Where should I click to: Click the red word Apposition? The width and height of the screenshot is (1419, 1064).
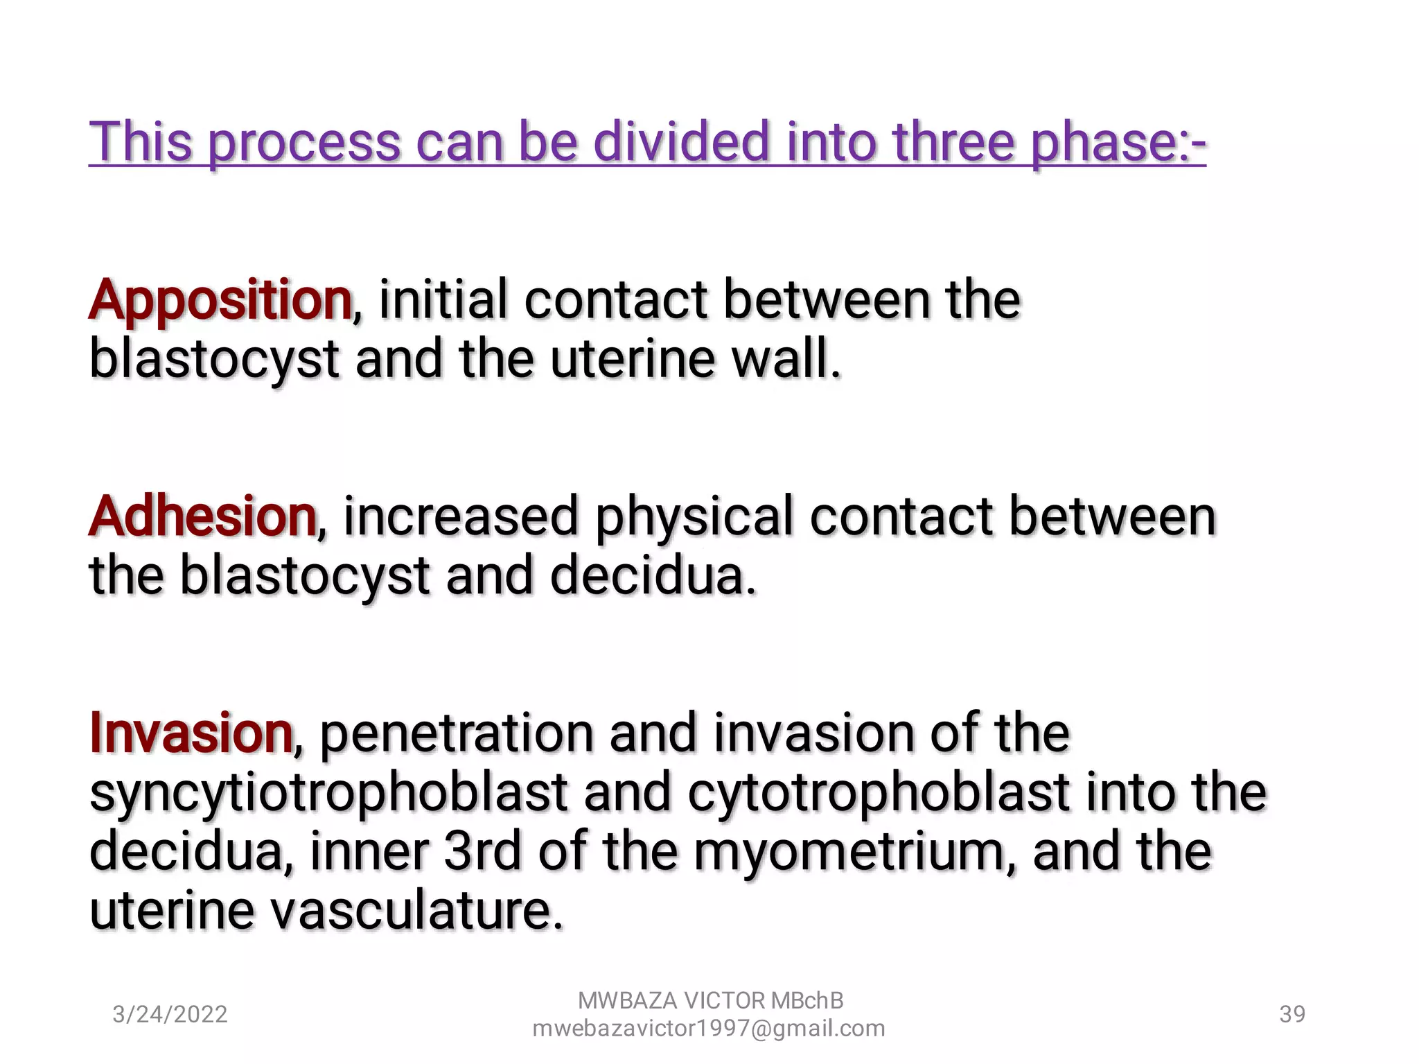click(220, 300)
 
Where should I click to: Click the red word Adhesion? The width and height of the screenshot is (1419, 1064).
click(202, 516)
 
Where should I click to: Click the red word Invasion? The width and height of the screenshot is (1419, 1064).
click(191, 733)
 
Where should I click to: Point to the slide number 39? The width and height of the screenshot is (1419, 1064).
click(1292, 1014)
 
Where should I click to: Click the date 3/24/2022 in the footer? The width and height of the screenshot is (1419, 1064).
click(170, 1014)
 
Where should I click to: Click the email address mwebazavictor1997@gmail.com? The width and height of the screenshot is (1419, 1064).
click(709, 1028)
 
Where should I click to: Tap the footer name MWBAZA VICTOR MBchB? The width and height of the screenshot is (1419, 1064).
click(710, 1000)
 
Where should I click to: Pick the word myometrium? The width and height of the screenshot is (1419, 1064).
click(849, 852)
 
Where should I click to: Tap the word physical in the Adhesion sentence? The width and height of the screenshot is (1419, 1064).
click(694, 518)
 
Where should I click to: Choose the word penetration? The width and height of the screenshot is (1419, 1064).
click(457, 734)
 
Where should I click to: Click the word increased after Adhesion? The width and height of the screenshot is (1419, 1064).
click(461, 516)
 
